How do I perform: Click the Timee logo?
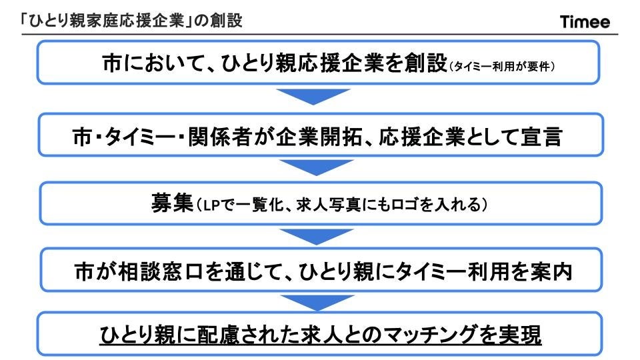click(585, 22)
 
